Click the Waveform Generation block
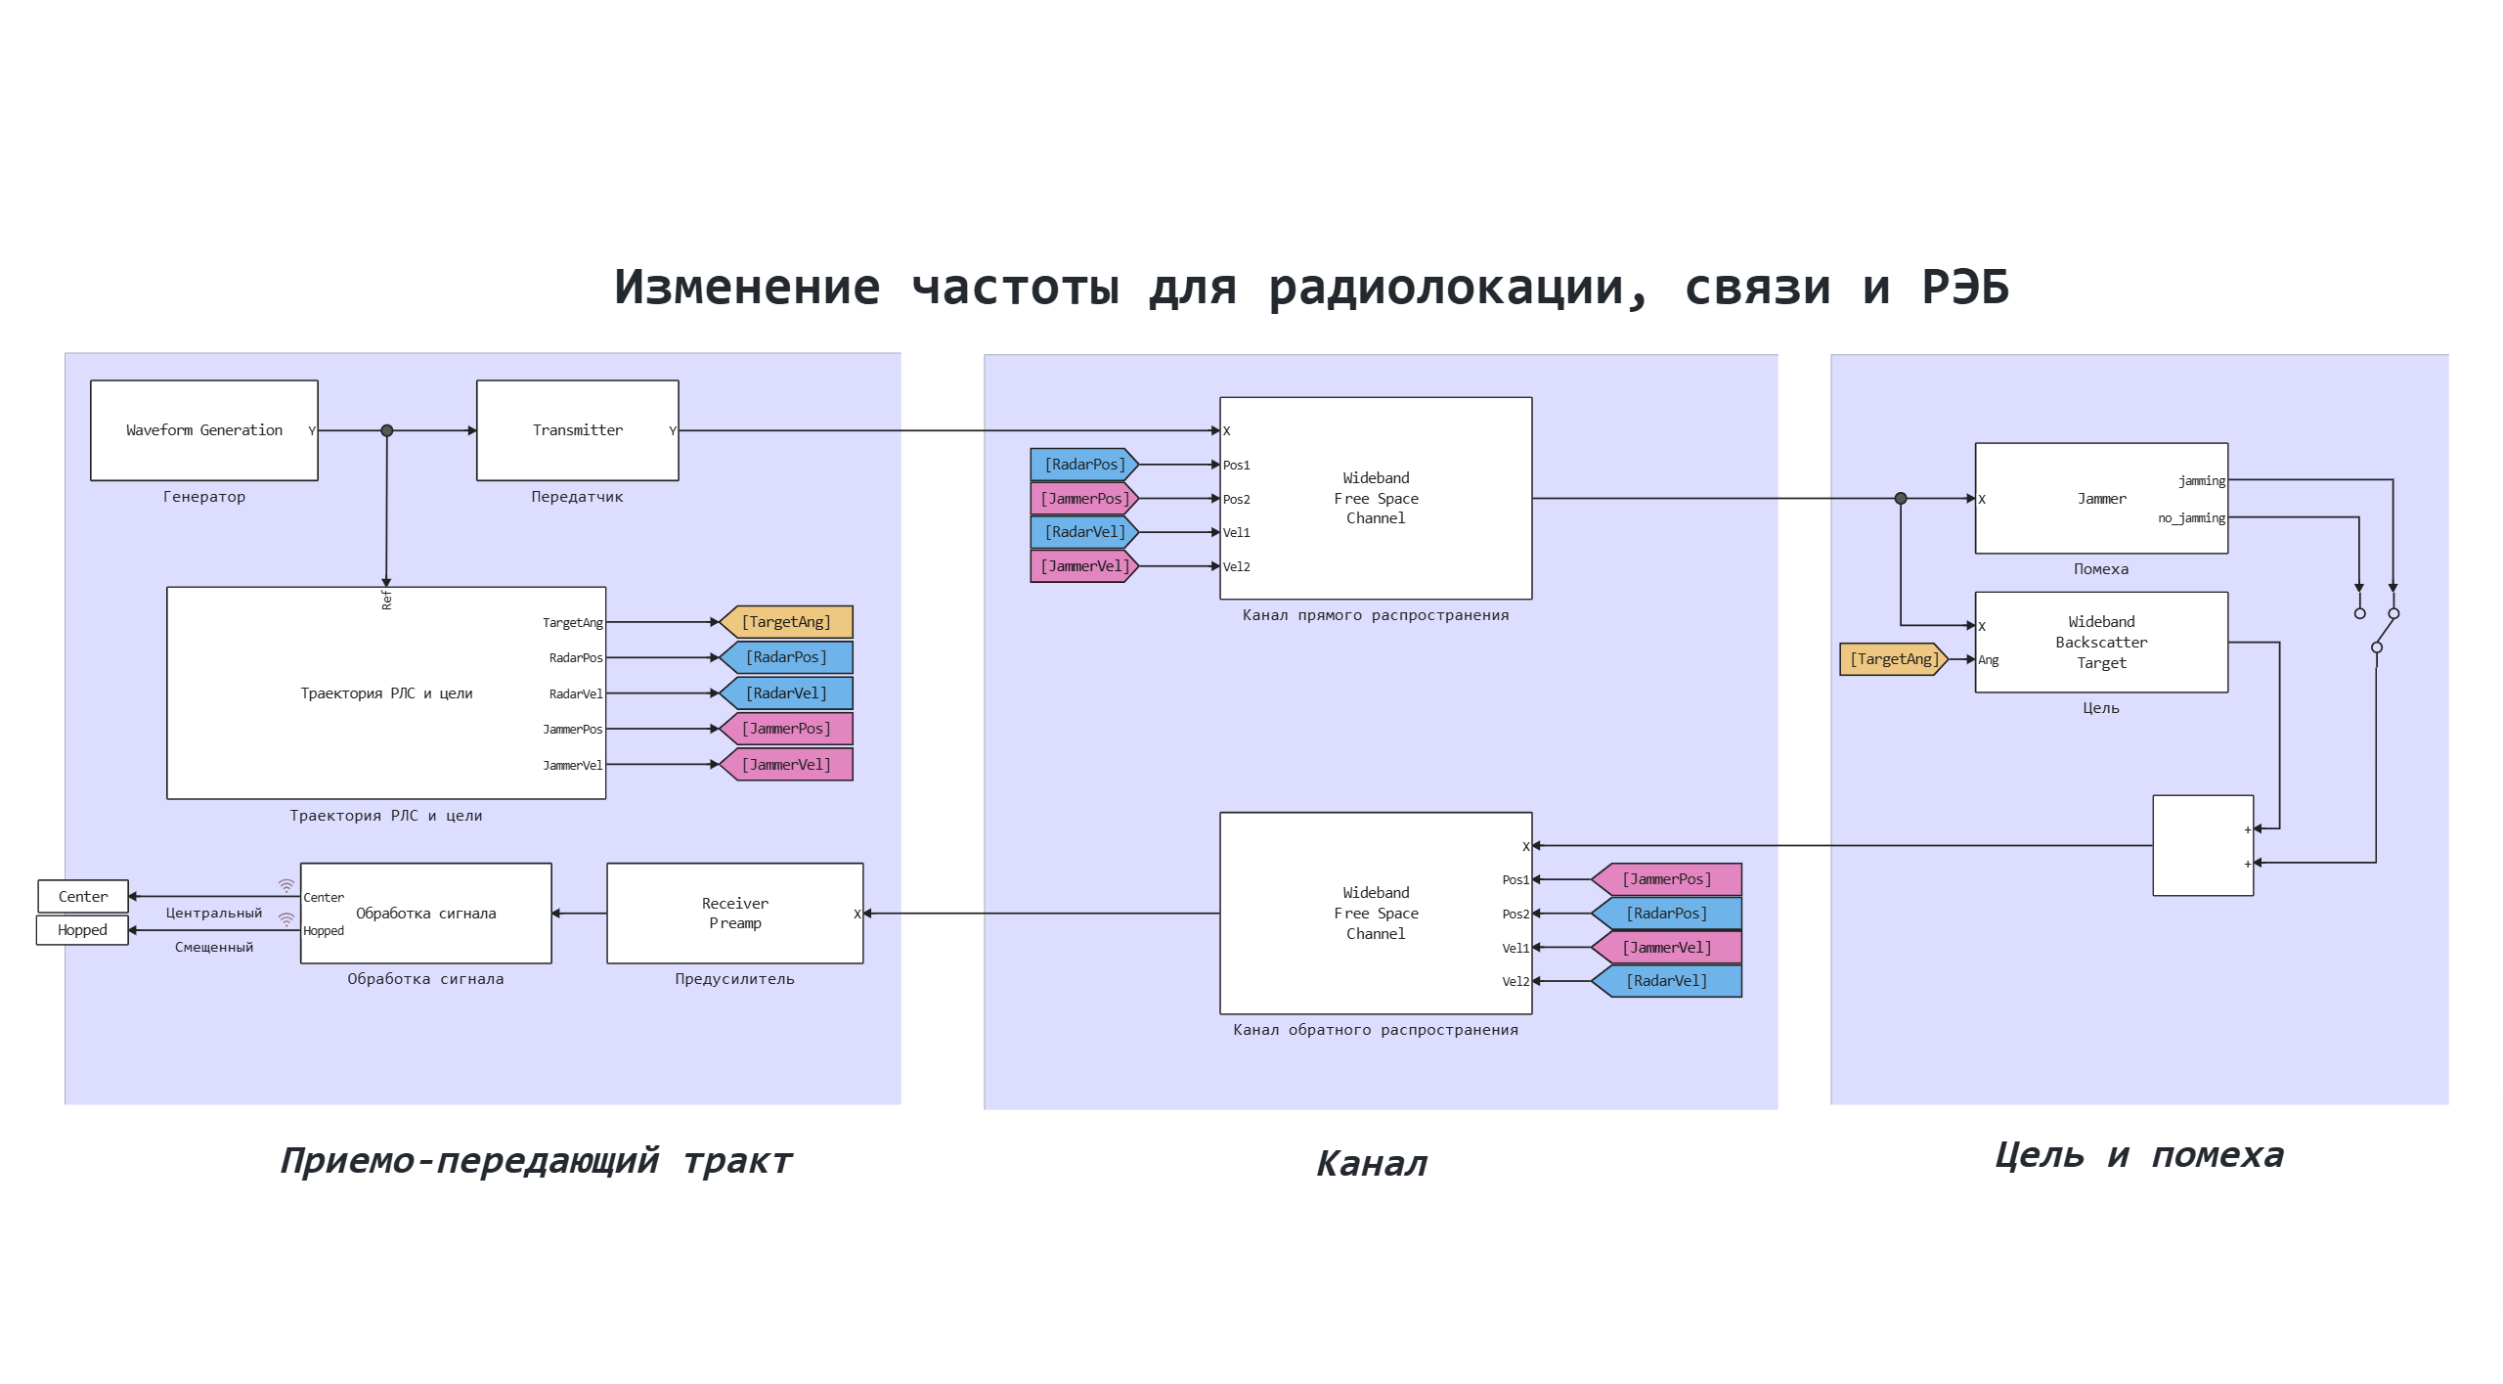pyautogui.click(x=203, y=430)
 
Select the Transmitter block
pyautogui.click(x=577, y=430)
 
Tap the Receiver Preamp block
pyautogui.click(x=734, y=914)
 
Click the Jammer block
pyautogui.click(x=2100, y=499)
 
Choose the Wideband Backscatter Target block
pyautogui.click(x=2100, y=643)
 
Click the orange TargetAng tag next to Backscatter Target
pyautogui.click(x=1893, y=659)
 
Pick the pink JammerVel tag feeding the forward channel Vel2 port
pyautogui.click(x=1083, y=566)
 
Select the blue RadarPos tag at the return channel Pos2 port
pyautogui.click(x=1667, y=914)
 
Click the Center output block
pyautogui.click(x=83, y=896)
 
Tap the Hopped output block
pyautogui.click(x=82, y=930)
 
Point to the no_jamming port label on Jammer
pyautogui.click(x=2191, y=518)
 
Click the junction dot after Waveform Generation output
pyautogui.click(x=387, y=430)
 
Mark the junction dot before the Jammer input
pyautogui.click(x=1901, y=499)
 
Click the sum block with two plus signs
pyautogui.click(x=2202, y=846)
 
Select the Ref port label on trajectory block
pyautogui.click(x=387, y=600)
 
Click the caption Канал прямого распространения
pyautogui.click(x=1375, y=615)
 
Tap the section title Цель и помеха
pyautogui.click(x=2138, y=1156)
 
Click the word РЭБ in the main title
pyautogui.click(x=1965, y=288)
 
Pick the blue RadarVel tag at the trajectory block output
pyautogui.click(x=786, y=693)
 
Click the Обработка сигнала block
pyautogui.click(x=425, y=914)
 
